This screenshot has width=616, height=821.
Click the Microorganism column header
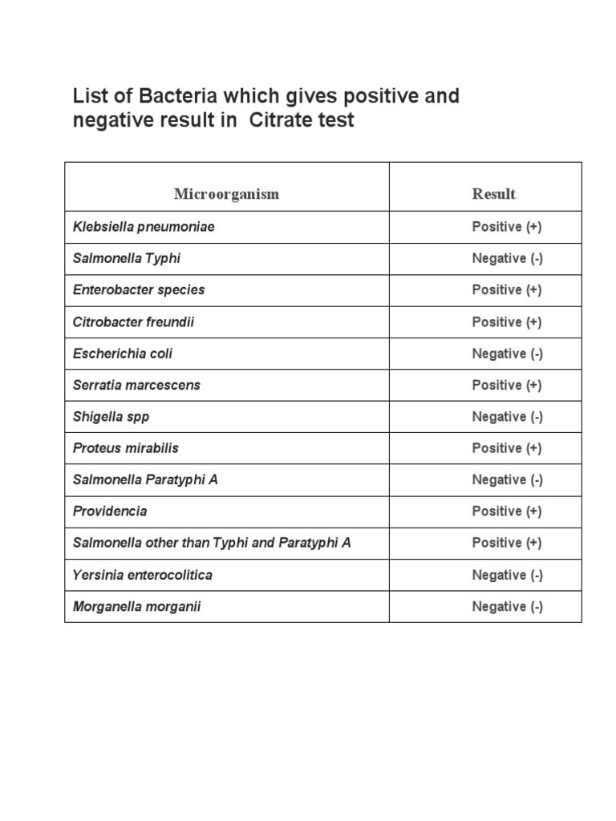[x=227, y=194]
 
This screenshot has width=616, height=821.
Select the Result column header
[x=493, y=194]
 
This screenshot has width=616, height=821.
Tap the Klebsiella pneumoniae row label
[x=144, y=227]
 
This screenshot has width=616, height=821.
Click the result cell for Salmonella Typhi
[x=507, y=258]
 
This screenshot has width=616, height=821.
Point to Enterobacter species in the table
[x=139, y=290]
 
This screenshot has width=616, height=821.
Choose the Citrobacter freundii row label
[x=133, y=322]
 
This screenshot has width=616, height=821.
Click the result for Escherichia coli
[x=507, y=354]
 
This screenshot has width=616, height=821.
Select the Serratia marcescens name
[x=136, y=385]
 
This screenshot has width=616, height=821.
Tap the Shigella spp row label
[x=111, y=417]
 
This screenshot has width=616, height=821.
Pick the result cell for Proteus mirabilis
[x=507, y=448]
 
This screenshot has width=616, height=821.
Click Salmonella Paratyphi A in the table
[x=145, y=479]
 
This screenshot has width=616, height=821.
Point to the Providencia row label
[x=110, y=512]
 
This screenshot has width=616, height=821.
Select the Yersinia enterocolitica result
[x=507, y=575]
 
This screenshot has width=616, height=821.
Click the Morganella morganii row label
[x=136, y=607]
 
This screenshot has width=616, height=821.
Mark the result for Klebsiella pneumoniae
[x=507, y=227]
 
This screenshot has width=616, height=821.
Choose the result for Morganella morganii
[x=507, y=607]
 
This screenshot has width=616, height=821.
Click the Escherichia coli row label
[x=123, y=354]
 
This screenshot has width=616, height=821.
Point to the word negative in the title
[x=109, y=122]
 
